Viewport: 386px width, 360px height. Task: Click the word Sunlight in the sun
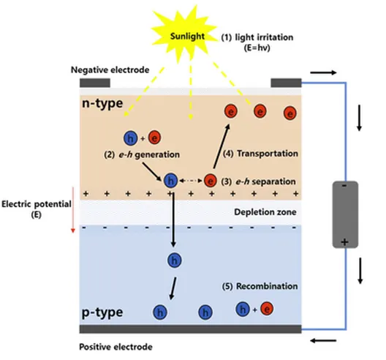(x=187, y=37)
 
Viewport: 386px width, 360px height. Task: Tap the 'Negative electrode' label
(x=110, y=70)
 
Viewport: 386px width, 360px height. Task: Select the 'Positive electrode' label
(x=116, y=347)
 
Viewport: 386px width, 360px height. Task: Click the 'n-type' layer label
(x=102, y=103)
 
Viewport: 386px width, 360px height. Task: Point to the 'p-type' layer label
(x=102, y=313)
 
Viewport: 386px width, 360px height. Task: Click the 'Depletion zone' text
(x=265, y=212)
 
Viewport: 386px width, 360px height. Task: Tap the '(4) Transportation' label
(x=260, y=154)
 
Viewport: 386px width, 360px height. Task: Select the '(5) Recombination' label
(x=260, y=286)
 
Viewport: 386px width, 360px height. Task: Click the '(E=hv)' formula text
(x=257, y=48)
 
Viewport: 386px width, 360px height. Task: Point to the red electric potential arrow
(x=73, y=210)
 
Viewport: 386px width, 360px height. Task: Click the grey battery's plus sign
(x=344, y=242)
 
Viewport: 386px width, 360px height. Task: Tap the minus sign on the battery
(x=344, y=186)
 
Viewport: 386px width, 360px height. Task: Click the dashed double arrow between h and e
(x=191, y=181)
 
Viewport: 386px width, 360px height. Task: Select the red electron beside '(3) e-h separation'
(x=211, y=181)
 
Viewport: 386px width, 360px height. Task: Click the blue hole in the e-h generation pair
(x=130, y=138)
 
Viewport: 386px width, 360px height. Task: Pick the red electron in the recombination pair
(x=267, y=308)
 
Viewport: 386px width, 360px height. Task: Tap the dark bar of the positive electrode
(x=190, y=329)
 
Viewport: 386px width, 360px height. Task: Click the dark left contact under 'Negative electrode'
(x=95, y=83)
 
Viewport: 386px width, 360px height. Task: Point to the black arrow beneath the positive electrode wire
(x=323, y=341)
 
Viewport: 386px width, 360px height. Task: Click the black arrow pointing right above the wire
(x=323, y=72)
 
